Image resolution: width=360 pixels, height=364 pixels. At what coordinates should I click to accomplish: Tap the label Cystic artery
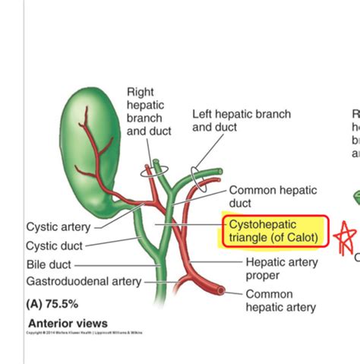pyautogui.click(x=58, y=226)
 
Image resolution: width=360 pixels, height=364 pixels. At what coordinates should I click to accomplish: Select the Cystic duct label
pyautogui.click(x=54, y=245)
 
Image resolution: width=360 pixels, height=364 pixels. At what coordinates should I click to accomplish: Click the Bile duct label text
pyautogui.click(x=49, y=264)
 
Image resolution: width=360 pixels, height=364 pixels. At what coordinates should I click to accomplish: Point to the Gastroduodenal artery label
pyautogui.click(x=84, y=282)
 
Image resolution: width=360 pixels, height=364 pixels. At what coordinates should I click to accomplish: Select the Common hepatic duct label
pyautogui.click(x=273, y=198)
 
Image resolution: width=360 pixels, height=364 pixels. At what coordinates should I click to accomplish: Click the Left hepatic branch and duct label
pyautogui.click(x=241, y=121)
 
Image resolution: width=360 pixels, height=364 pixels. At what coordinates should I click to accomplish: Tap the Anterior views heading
pyautogui.click(x=68, y=324)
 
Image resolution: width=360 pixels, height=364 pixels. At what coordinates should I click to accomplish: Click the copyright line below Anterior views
pyautogui.click(x=84, y=333)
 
